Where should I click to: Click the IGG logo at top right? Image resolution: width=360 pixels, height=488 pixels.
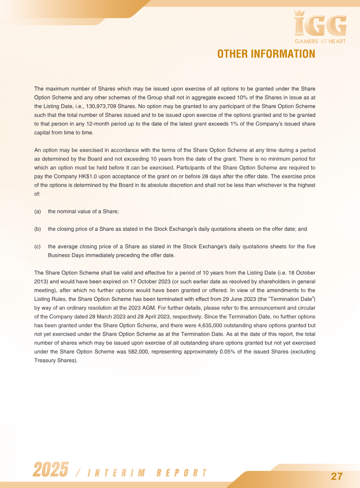pyautogui.click(x=320, y=25)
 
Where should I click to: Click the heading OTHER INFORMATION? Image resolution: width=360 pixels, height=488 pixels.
pyautogui.click(x=266, y=54)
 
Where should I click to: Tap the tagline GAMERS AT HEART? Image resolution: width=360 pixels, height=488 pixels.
pyautogui.click(x=320, y=41)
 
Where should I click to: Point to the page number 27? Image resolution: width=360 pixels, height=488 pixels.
pyautogui.click(x=337, y=476)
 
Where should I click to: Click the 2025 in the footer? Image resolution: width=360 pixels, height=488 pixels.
pyautogui.click(x=50, y=470)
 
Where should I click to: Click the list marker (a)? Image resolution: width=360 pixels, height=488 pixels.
pyautogui.click(x=38, y=211)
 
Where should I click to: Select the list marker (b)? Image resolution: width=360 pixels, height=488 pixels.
pyautogui.click(x=38, y=229)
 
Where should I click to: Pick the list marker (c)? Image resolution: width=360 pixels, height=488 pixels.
pyautogui.click(x=38, y=246)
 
